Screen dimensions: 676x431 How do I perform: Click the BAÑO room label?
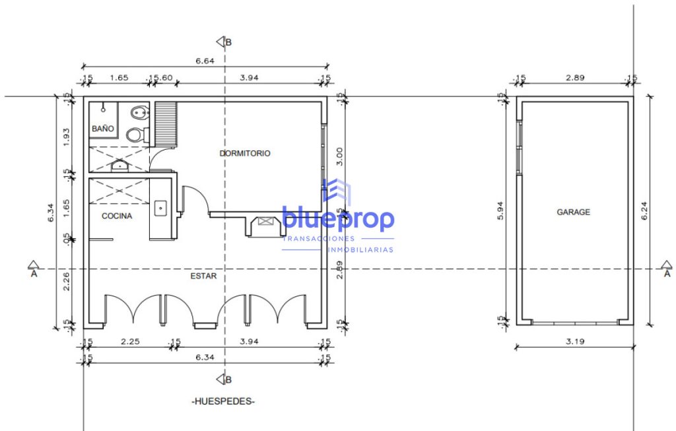[x=102, y=129]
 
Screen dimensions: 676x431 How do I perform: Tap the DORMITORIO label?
[x=245, y=153]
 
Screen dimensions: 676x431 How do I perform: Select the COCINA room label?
[x=117, y=216]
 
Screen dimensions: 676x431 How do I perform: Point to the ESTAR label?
[x=203, y=276]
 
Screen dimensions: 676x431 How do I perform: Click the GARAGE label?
[x=574, y=212]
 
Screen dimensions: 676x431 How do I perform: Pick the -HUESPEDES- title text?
[x=223, y=401]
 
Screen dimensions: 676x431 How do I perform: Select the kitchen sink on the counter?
[x=161, y=208]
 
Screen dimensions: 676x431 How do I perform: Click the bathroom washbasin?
[x=119, y=166]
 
